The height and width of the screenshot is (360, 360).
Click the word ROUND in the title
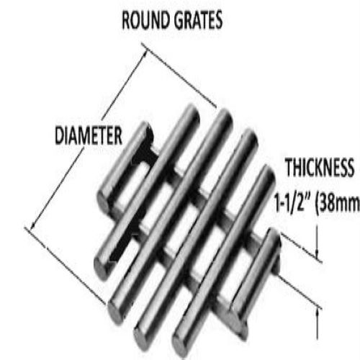pyautogui.click(x=146, y=20)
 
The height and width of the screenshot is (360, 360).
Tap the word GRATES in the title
pyautogui.click(x=198, y=20)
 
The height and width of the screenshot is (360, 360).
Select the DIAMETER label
pyautogui.click(x=89, y=136)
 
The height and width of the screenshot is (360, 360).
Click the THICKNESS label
pyautogui.click(x=320, y=167)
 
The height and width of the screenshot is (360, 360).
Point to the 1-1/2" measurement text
pyautogui.click(x=293, y=203)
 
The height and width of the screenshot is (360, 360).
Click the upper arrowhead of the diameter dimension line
pyautogui.click(x=144, y=54)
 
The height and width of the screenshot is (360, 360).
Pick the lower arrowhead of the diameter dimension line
pyautogui.click(x=33, y=225)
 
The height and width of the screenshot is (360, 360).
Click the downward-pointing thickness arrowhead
pyautogui.click(x=317, y=254)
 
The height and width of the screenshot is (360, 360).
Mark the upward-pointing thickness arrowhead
pyautogui.click(x=318, y=312)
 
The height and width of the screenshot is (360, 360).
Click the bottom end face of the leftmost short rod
pyautogui.click(x=104, y=202)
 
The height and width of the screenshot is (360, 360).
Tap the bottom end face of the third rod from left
pyautogui.click(x=116, y=312)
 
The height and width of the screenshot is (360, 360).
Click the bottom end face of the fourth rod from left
pyautogui.click(x=142, y=336)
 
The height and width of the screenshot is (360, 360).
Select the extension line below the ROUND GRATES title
pyautogui.click(x=179, y=76)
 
